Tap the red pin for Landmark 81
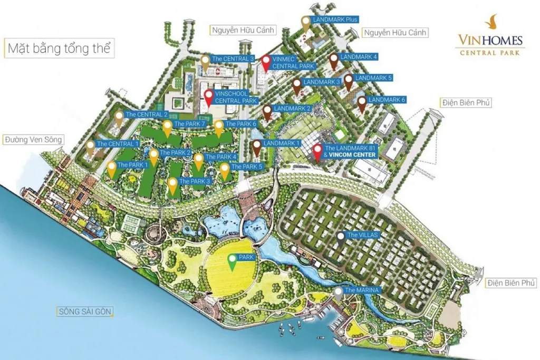[317, 151]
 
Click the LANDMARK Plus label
[335, 20]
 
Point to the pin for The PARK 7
[167, 128]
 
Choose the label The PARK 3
[195, 181]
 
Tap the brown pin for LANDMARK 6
[362, 103]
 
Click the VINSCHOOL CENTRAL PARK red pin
[209, 97]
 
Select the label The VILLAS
[362, 235]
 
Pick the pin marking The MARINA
[338, 293]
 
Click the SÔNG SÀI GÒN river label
[84, 312]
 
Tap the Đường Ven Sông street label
[33, 140]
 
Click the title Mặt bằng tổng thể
[59, 49]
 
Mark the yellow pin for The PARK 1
[112, 169]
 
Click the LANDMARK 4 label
[359, 56]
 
